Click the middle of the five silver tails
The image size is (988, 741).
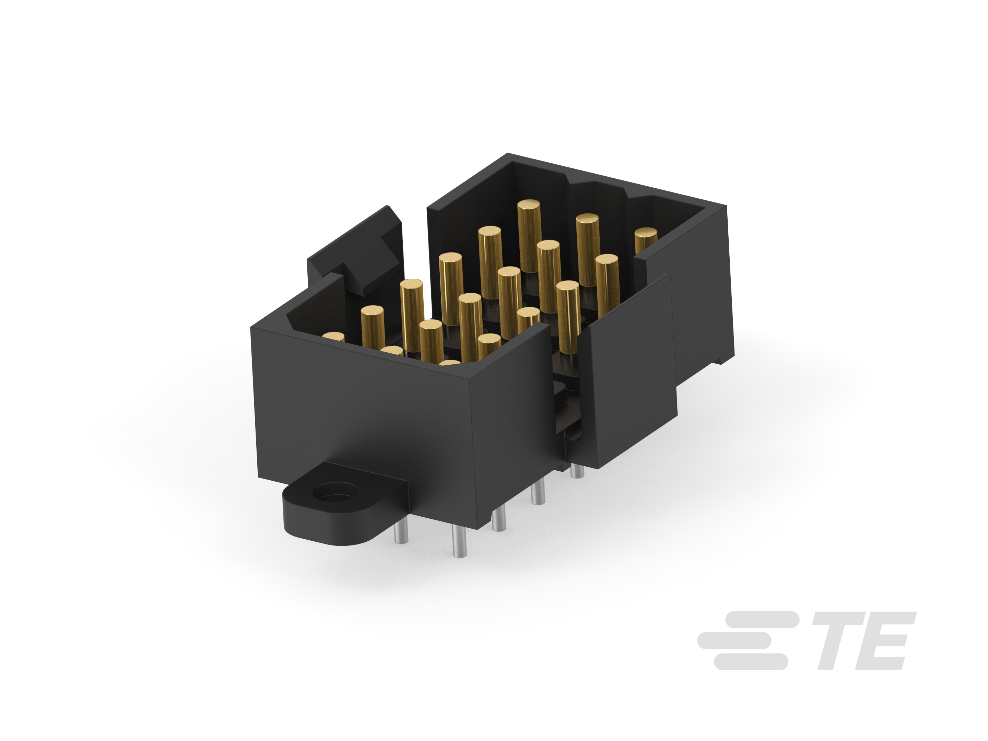(499, 521)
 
